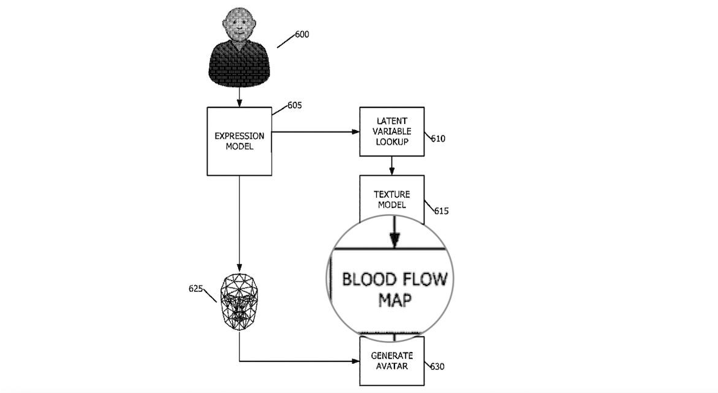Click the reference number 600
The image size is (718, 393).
(x=302, y=35)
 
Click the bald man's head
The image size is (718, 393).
(x=239, y=25)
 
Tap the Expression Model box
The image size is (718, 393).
(x=239, y=141)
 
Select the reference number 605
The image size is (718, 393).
(x=295, y=105)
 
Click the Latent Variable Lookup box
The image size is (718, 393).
(x=392, y=131)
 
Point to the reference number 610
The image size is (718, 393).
(x=438, y=139)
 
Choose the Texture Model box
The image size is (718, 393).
(x=392, y=200)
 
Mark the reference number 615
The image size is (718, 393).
(x=441, y=211)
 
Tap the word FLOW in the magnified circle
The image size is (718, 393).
(x=426, y=280)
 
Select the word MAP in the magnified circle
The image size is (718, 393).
(x=396, y=300)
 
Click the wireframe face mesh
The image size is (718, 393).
(x=239, y=301)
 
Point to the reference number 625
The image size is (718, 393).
(x=196, y=288)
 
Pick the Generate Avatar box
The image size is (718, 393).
(x=392, y=360)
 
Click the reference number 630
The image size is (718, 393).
(x=437, y=367)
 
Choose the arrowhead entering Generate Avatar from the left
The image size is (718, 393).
(x=355, y=361)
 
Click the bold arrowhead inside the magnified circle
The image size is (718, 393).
(x=394, y=240)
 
